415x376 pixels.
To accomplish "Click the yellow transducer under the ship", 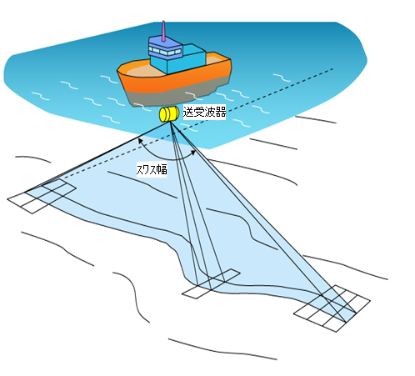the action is click(169, 114).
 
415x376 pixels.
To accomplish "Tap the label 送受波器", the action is click(204, 112).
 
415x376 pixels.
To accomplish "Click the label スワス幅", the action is click(152, 169).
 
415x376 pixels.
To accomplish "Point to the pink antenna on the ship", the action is click(163, 31).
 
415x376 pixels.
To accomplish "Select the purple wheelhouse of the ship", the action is click(165, 47).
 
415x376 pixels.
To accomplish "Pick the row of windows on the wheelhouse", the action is click(165, 52).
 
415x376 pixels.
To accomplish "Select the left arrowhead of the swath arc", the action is click(141, 140).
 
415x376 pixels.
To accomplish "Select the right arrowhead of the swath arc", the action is click(192, 152).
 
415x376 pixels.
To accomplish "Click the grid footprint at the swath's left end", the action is click(42, 196).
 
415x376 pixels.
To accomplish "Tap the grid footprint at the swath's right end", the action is click(332, 308).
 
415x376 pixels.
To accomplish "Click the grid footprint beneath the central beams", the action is click(211, 283).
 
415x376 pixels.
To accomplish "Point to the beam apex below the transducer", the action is click(170, 123).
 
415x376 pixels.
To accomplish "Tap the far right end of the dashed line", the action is click(332, 68).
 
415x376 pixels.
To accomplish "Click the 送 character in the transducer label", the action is click(188, 113).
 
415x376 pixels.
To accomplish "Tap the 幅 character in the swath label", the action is click(162, 169).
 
